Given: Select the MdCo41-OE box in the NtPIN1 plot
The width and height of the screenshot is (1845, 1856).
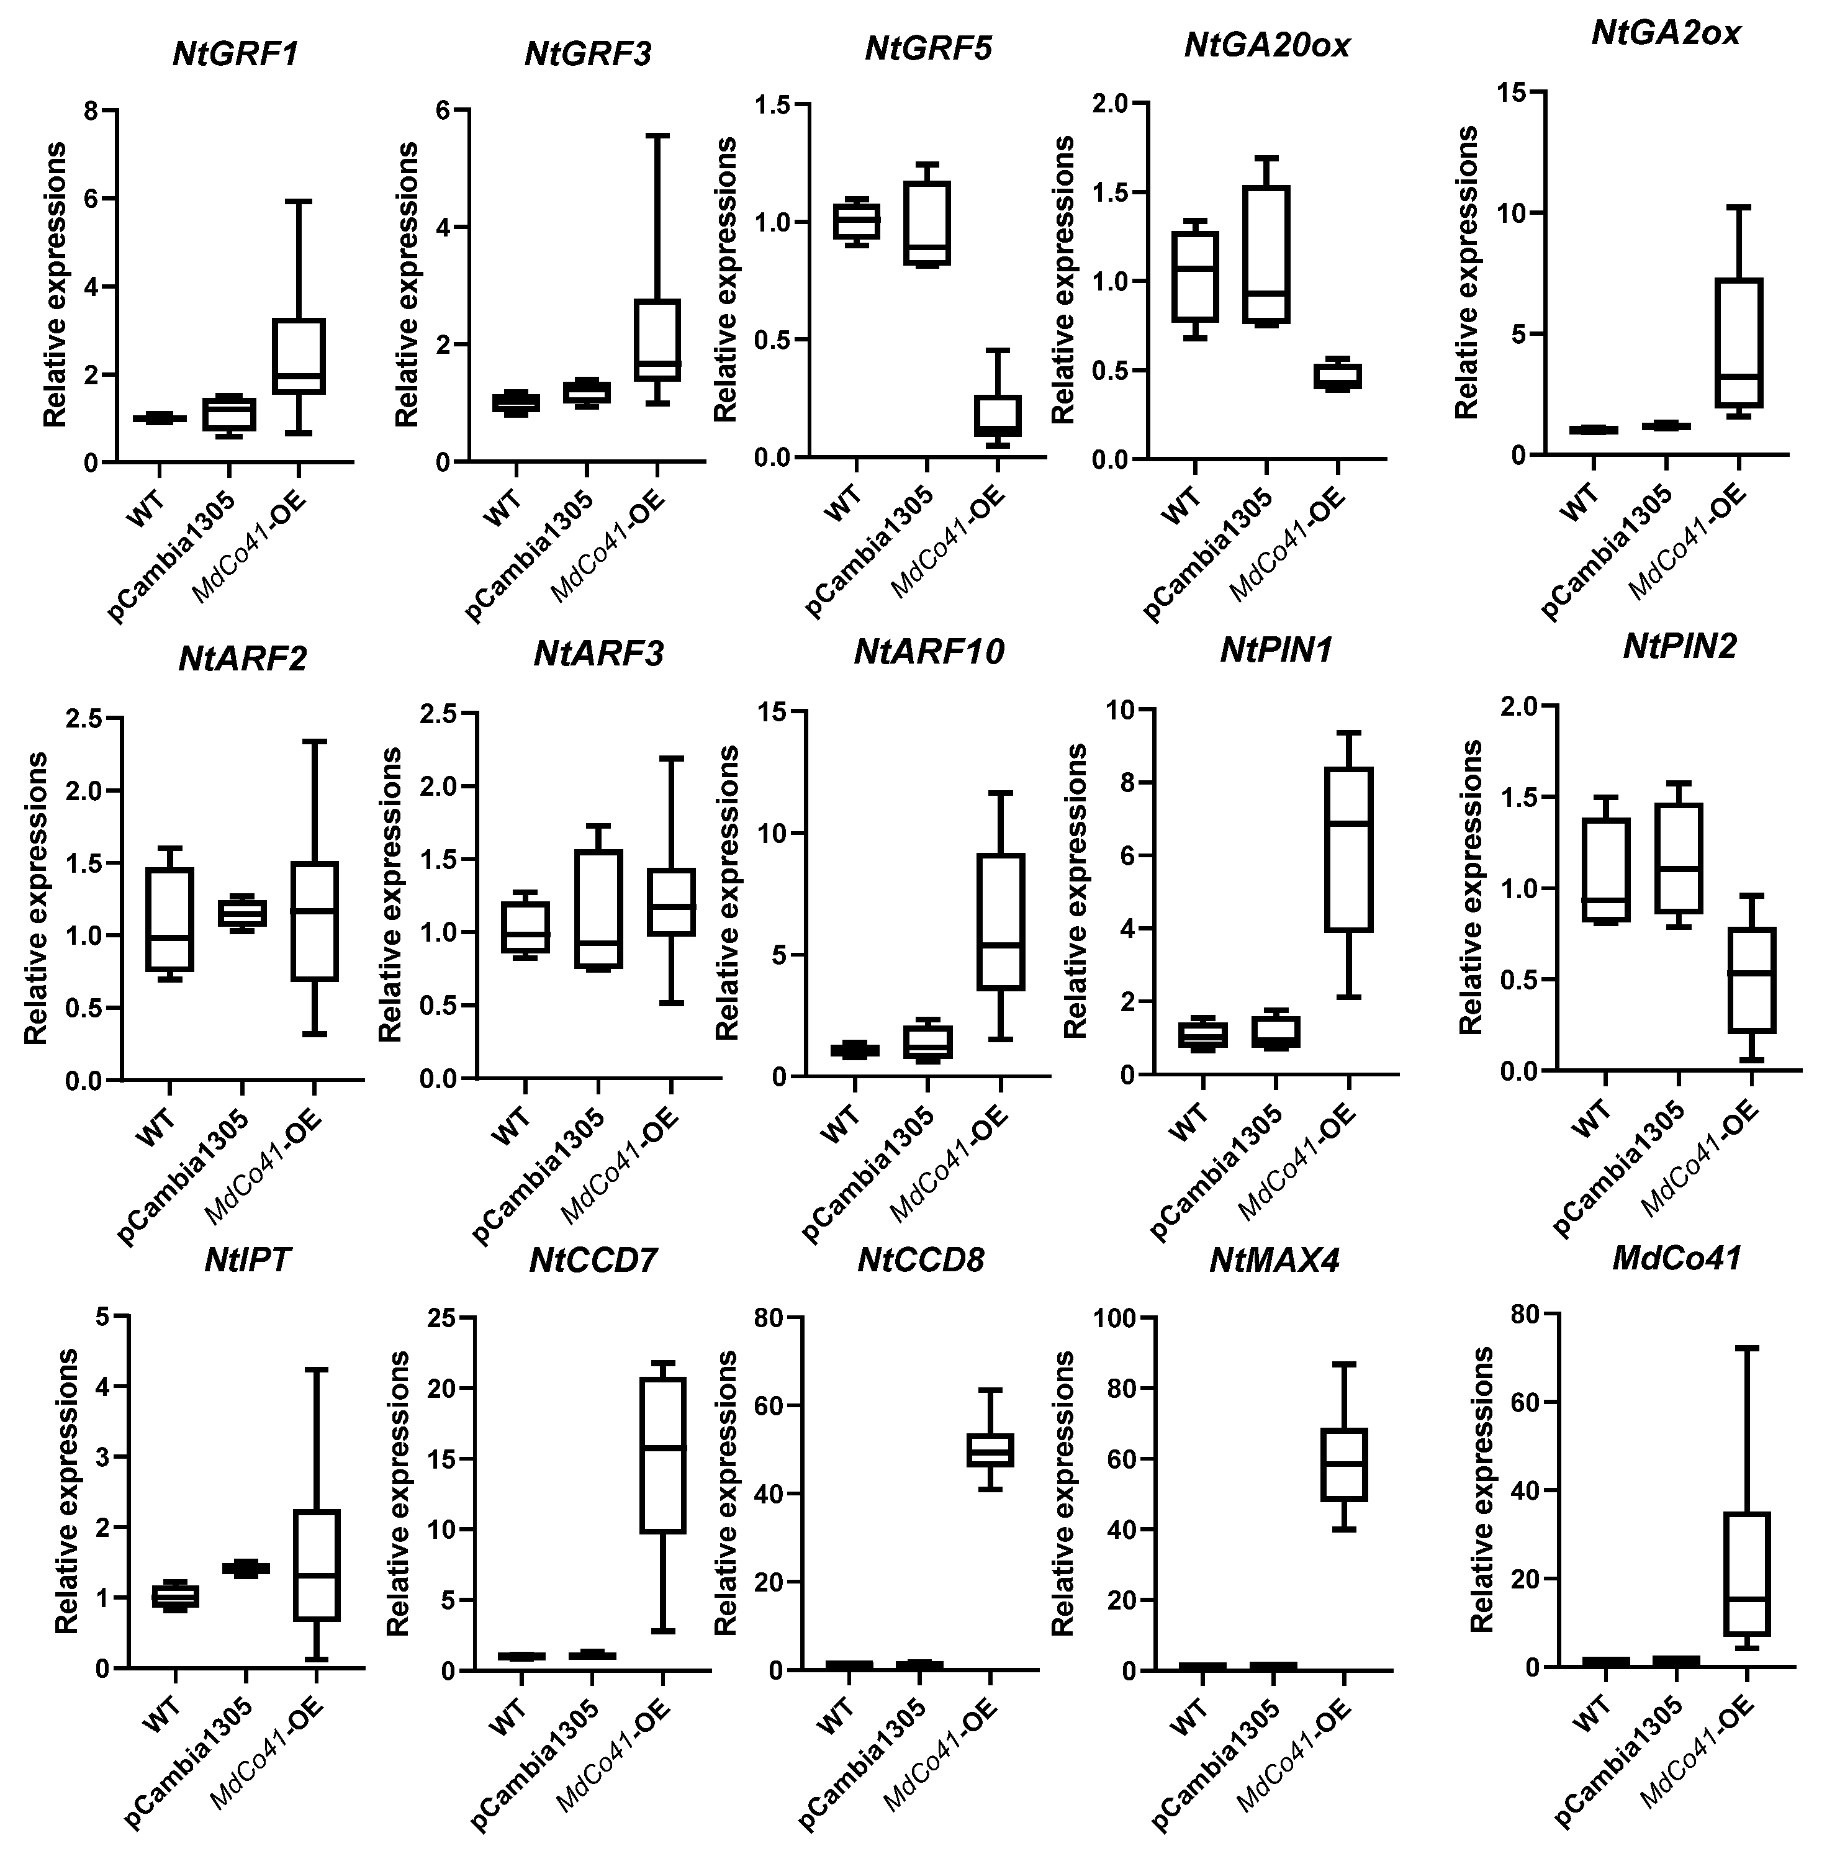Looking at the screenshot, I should tap(1348, 849).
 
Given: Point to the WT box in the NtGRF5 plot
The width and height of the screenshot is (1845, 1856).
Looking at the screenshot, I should tap(856, 220).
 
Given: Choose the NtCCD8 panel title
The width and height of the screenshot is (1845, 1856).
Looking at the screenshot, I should tap(921, 1259).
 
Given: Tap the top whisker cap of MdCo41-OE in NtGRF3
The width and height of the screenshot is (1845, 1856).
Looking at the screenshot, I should tap(657, 135).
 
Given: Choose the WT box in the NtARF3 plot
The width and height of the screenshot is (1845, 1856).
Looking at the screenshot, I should tap(526, 927).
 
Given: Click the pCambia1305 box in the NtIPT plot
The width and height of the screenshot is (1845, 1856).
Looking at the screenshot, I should tap(246, 1568).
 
